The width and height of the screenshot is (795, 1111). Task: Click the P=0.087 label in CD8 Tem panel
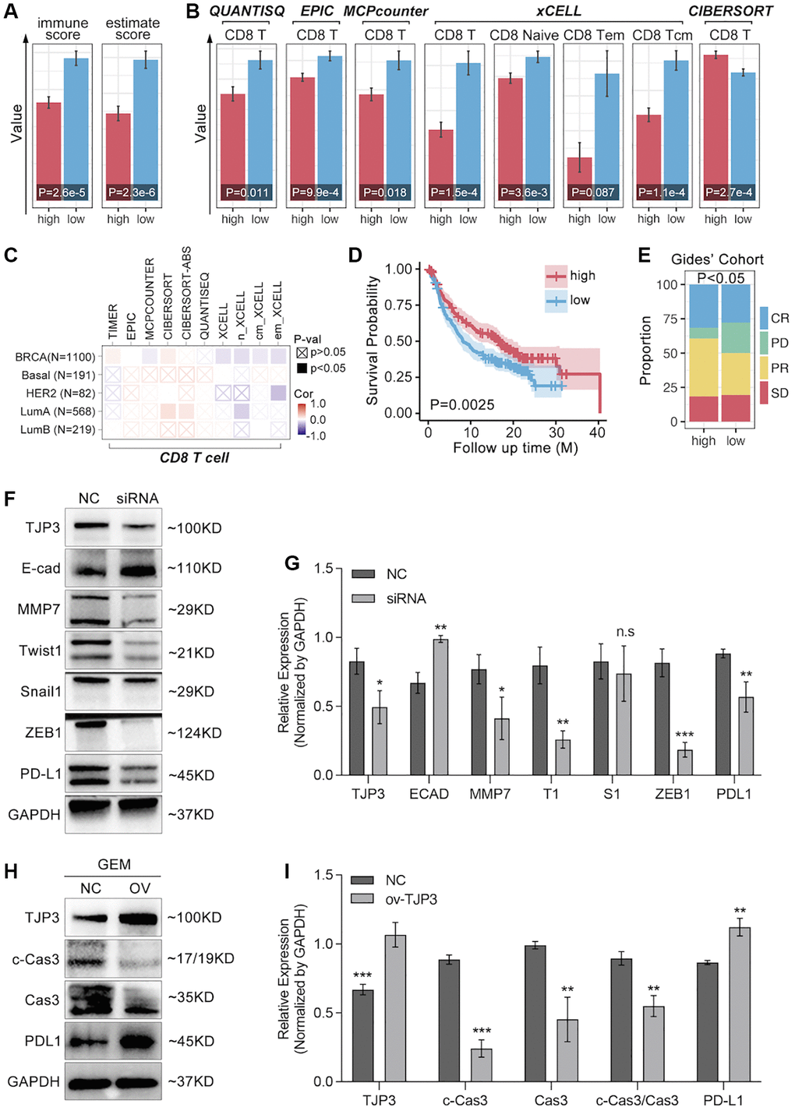(593, 192)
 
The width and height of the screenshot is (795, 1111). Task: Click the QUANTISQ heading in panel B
(247, 12)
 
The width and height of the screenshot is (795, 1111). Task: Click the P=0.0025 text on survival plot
(462, 404)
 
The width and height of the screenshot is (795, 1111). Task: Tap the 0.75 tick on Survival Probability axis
(397, 305)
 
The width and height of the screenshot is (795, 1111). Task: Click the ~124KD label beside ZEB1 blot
(195, 733)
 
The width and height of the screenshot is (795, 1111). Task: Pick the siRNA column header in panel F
(137, 498)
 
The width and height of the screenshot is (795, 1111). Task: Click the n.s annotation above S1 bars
(625, 632)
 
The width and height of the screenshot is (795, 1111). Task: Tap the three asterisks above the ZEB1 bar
(684, 735)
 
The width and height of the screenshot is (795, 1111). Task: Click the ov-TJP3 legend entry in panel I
(411, 899)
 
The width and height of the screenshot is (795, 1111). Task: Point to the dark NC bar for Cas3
(535, 1013)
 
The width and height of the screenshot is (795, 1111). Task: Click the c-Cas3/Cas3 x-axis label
(637, 1100)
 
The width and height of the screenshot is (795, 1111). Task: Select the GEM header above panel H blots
(114, 865)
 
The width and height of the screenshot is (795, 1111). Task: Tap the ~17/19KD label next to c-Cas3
(200, 959)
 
